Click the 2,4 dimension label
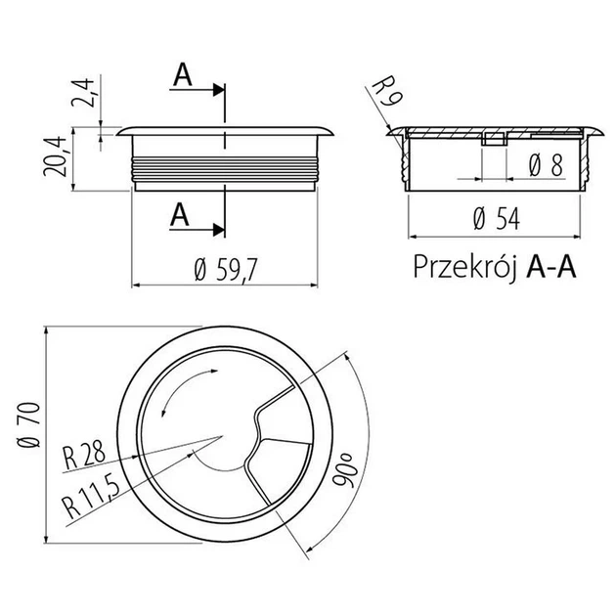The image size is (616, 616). point(83,93)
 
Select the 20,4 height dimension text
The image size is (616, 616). point(55,156)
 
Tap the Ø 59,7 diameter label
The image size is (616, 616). point(226,270)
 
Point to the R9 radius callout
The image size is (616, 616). point(386,91)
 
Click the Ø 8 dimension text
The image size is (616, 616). point(546,165)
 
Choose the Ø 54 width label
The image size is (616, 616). point(497,219)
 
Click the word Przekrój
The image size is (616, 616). point(464,267)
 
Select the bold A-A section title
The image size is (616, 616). point(551,267)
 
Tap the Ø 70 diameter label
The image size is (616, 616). point(29,424)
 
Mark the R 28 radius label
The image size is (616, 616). point(84,455)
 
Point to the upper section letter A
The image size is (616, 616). point(183,74)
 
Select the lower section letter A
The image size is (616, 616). point(180,214)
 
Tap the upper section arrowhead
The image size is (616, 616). point(218,90)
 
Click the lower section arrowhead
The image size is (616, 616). point(218,230)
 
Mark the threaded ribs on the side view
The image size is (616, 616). point(224,167)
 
